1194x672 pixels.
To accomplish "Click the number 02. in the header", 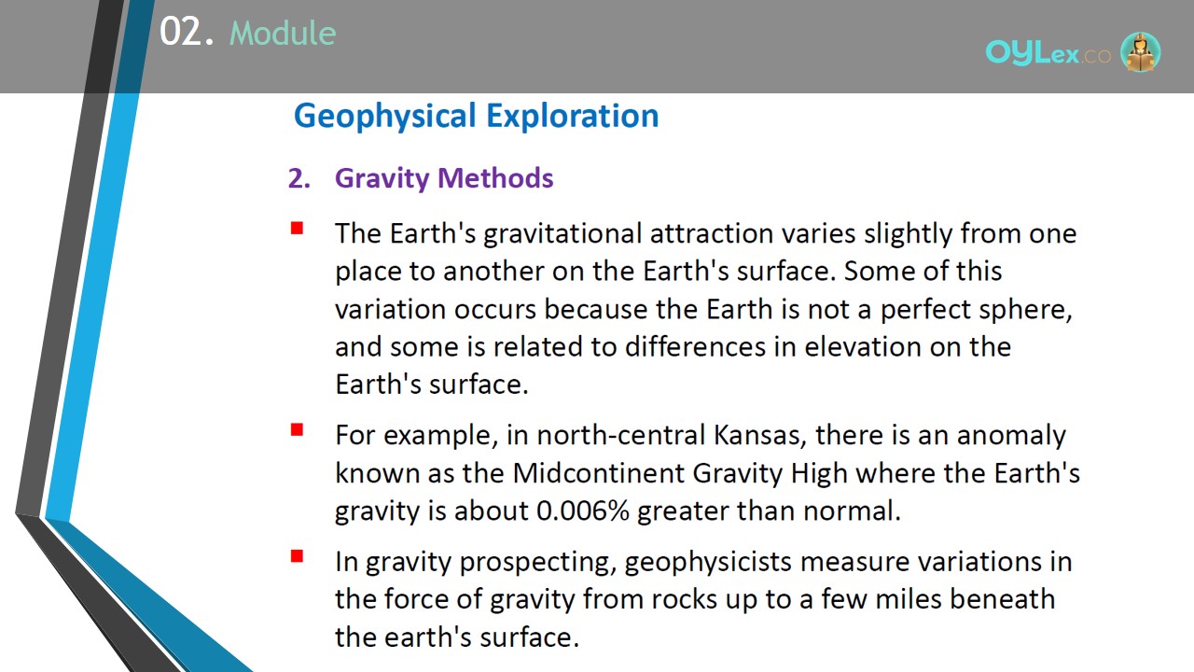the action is [x=187, y=32].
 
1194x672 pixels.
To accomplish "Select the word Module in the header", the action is [x=283, y=34].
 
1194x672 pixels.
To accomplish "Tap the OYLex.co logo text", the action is [x=1048, y=53].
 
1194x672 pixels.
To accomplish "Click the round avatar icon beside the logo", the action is [x=1140, y=51].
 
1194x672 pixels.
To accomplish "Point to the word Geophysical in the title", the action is [x=385, y=117].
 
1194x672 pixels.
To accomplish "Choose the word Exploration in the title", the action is [x=573, y=117].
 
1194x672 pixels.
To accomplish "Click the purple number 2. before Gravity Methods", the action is [x=299, y=178].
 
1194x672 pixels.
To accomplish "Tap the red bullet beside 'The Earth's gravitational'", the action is [x=297, y=229].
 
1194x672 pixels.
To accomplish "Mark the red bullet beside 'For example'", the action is [x=297, y=430].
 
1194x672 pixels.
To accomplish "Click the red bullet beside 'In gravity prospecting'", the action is [x=297, y=556].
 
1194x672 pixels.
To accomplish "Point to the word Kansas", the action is [x=757, y=435].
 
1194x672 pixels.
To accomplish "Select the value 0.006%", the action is [x=583, y=511].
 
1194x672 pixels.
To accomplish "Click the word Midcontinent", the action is [x=599, y=473].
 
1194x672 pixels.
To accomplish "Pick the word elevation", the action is [x=863, y=346].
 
